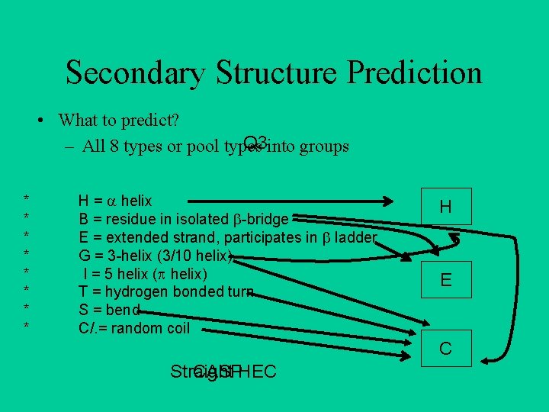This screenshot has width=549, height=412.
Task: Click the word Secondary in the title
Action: click(x=136, y=73)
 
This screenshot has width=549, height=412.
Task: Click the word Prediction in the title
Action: click(x=414, y=73)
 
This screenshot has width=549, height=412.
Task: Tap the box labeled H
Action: click(x=445, y=207)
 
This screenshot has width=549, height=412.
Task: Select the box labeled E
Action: click(x=445, y=280)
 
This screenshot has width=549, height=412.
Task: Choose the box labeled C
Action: click(x=445, y=349)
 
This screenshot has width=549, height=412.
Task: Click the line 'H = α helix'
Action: click(x=115, y=201)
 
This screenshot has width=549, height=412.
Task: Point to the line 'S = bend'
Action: click(x=109, y=311)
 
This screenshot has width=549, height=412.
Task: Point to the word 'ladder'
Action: click(x=355, y=237)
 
